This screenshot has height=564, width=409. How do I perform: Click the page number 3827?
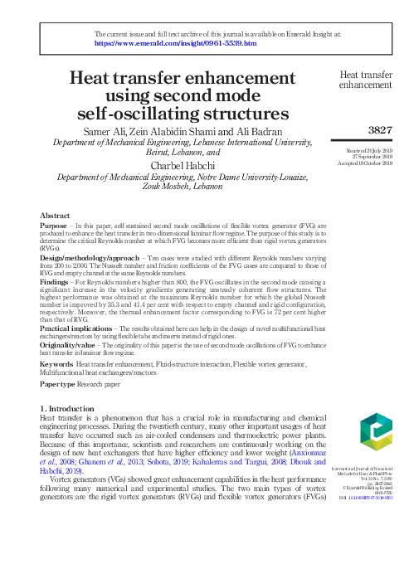(379, 129)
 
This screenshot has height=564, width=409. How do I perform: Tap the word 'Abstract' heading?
(55, 216)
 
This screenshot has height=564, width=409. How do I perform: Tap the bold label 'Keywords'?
(56, 363)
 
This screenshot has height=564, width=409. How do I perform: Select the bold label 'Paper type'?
(59, 385)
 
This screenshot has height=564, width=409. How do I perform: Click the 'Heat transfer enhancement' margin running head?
(366, 80)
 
